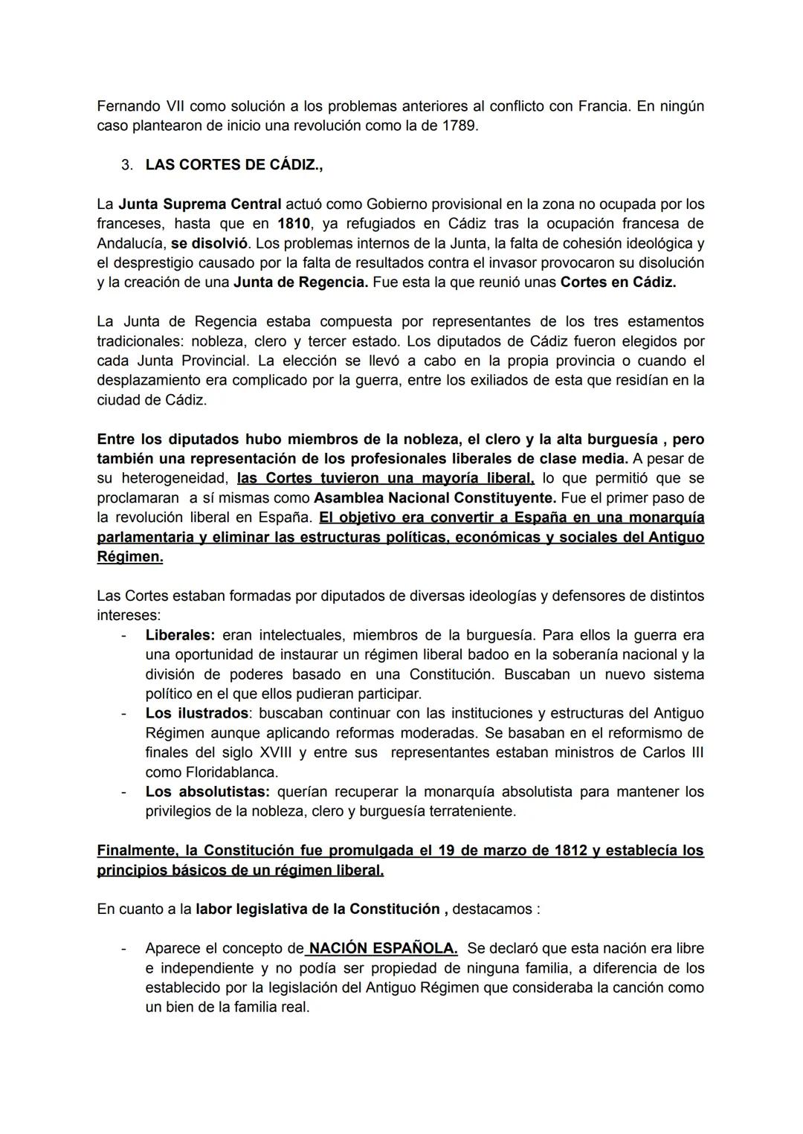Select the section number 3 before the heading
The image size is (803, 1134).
point(126,165)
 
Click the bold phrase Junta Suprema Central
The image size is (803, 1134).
point(199,204)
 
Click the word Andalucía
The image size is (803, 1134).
point(131,243)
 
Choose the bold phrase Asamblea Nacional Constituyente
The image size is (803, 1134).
point(435,497)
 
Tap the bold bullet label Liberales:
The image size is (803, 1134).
point(180,635)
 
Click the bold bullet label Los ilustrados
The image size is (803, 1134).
point(197,713)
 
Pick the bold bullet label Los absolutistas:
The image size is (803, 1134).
point(207,791)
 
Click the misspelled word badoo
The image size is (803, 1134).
point(476,654)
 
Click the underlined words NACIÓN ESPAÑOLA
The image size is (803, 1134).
point(382,948)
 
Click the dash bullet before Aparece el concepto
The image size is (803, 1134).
point(123,948)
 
